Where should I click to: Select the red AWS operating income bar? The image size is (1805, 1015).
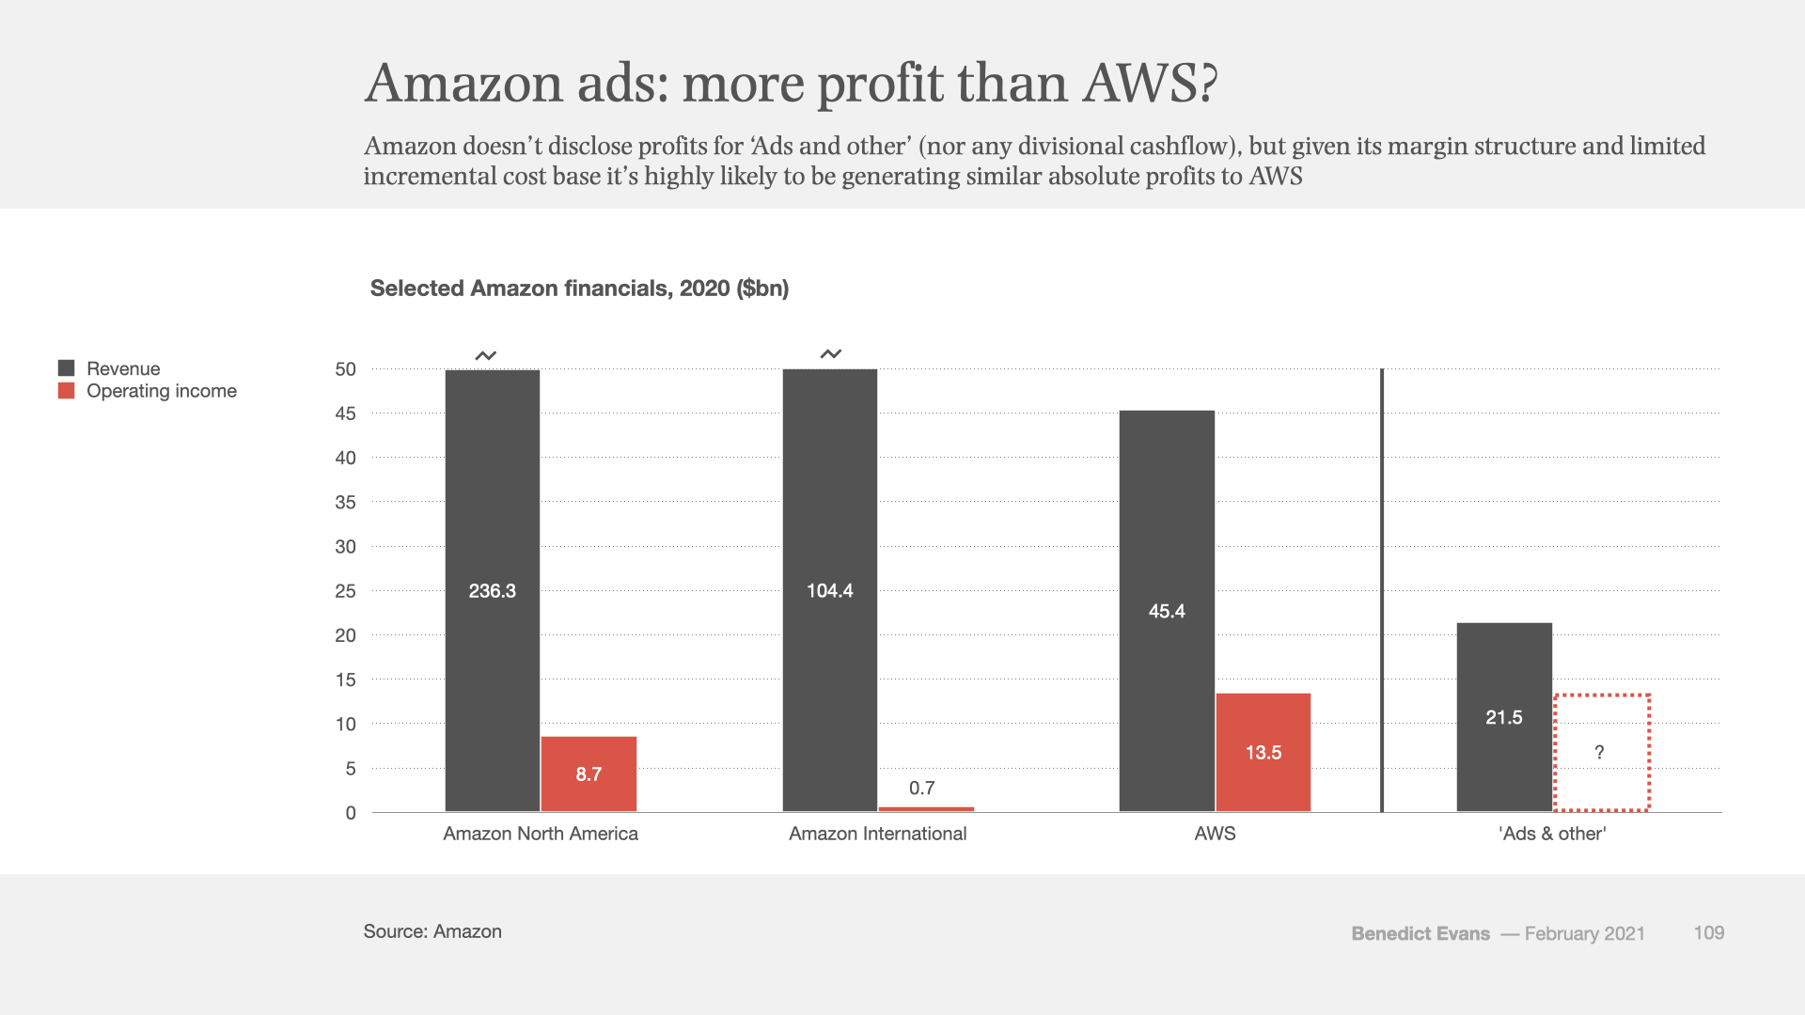[1263, 752]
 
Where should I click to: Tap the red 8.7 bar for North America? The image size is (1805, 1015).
[589, 773]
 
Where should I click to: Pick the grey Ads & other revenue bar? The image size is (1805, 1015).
[1504, 716]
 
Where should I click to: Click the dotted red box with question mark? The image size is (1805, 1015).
[1601, 752]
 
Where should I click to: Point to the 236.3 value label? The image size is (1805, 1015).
[493, 591]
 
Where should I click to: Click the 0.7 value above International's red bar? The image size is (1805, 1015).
[922, 789]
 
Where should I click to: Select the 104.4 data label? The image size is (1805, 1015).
[830, 591]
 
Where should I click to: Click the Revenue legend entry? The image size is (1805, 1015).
[122, 368]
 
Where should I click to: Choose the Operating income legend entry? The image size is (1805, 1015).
[161, 391]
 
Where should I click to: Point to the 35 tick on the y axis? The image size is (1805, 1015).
[346, 503]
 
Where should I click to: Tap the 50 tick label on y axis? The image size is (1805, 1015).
[346, 369]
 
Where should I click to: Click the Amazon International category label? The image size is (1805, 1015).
[877, 834]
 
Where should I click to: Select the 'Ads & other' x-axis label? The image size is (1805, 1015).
[1552, 834]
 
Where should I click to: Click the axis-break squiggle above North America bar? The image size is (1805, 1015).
[485, 355]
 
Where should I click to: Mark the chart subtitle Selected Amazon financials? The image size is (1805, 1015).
[579, 289]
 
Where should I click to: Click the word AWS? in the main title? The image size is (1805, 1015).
[1150, 84]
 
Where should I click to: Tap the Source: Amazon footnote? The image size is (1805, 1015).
[432, 931]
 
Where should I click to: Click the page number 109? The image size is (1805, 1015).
[1708, 932]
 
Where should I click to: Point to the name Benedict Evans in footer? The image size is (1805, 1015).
[1420, 933]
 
